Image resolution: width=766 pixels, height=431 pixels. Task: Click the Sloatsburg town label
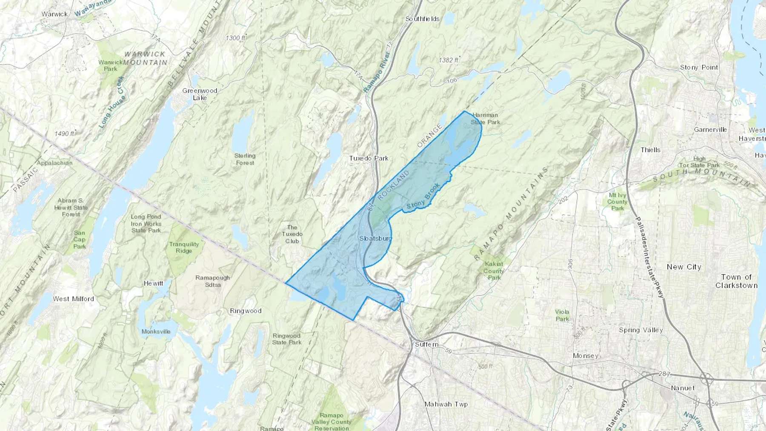375,239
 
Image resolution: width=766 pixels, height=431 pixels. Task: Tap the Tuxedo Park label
369,158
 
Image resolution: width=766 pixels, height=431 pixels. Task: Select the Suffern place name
426,344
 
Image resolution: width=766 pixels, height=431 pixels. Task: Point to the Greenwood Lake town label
200,94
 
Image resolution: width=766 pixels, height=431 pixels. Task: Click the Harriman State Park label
485,119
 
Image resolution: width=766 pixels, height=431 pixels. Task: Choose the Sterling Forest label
245,159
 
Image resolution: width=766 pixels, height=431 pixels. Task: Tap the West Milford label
73,299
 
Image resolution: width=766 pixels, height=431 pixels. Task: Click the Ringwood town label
246,311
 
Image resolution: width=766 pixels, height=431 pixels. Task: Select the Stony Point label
699,67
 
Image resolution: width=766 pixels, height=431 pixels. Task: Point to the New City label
684,267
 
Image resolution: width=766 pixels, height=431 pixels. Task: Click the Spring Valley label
641,330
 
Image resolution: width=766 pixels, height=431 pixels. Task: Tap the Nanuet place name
683,388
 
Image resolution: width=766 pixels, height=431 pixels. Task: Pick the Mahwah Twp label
446,404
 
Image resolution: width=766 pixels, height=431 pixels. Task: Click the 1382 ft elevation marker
449,60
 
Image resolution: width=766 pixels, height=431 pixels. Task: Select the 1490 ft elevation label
64,134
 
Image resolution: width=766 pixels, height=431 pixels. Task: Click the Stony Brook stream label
423,197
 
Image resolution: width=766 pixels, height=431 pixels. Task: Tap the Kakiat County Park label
494,271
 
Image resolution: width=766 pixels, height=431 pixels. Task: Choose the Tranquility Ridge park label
184,247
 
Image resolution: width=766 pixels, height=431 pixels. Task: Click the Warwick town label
54,14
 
